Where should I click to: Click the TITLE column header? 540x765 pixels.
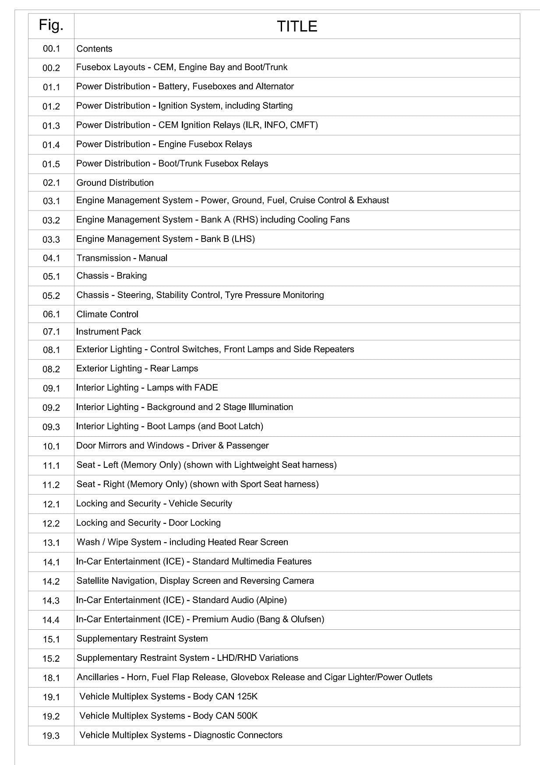[x=296, y=26]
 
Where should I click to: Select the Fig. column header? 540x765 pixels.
[x=51, y=25]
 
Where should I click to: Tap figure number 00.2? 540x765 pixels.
[x=51, y=68]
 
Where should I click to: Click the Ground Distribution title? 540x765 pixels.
[x=115, y=182]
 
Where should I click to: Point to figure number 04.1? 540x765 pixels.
[x=51, y=258]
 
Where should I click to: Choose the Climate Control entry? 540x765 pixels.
[x=107, y=314]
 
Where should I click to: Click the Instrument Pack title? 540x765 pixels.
[x=109, y=332]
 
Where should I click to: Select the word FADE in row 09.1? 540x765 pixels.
[x=206, y=388]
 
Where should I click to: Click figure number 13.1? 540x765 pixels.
[x=51, y=543]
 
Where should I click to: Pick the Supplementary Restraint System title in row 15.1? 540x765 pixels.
[x=142, y=639]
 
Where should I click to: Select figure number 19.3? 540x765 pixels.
[x=51, y=736]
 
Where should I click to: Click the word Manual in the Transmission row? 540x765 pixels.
[x=153, y=258]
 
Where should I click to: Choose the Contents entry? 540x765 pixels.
[x=94, y=49]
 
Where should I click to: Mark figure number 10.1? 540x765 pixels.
[x=51, y=446]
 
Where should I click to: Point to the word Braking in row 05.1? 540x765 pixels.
[x=132, y=276]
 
